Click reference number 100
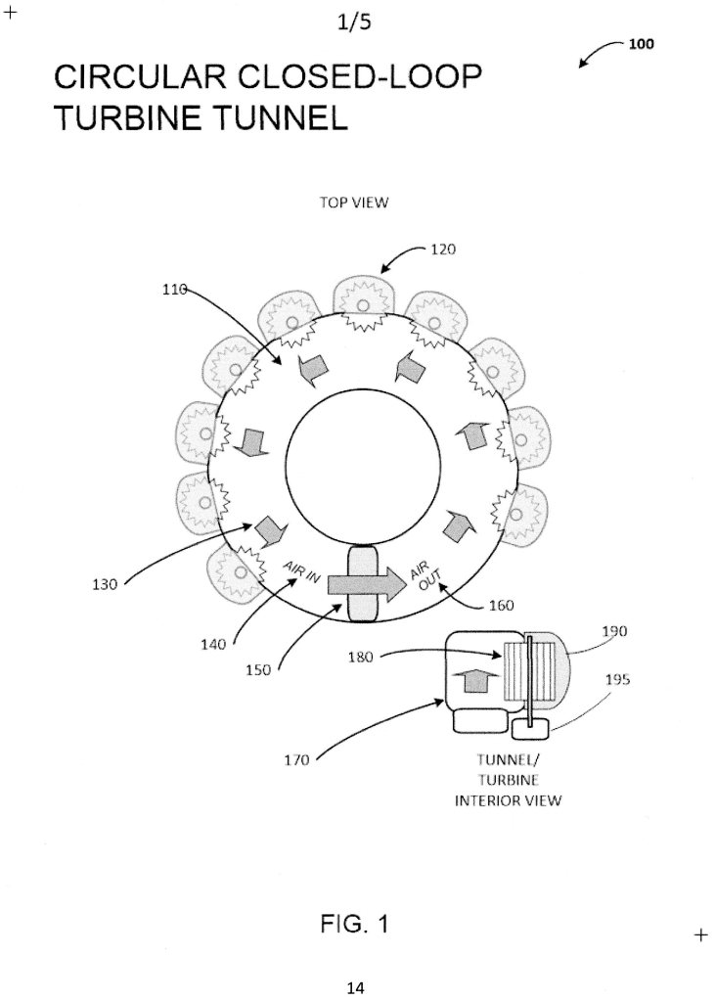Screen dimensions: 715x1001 point(641,43)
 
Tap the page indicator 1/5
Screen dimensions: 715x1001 point(354,23)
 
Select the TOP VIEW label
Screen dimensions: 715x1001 point(354,203)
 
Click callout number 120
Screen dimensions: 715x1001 point(443,249)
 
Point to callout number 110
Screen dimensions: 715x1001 point(174,290)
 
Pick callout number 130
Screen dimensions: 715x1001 point(105,583)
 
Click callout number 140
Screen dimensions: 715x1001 point(213,645)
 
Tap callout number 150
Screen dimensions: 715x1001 point(258,669)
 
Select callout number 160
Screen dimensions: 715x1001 point(501,605)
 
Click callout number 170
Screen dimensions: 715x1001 point(296,759)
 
